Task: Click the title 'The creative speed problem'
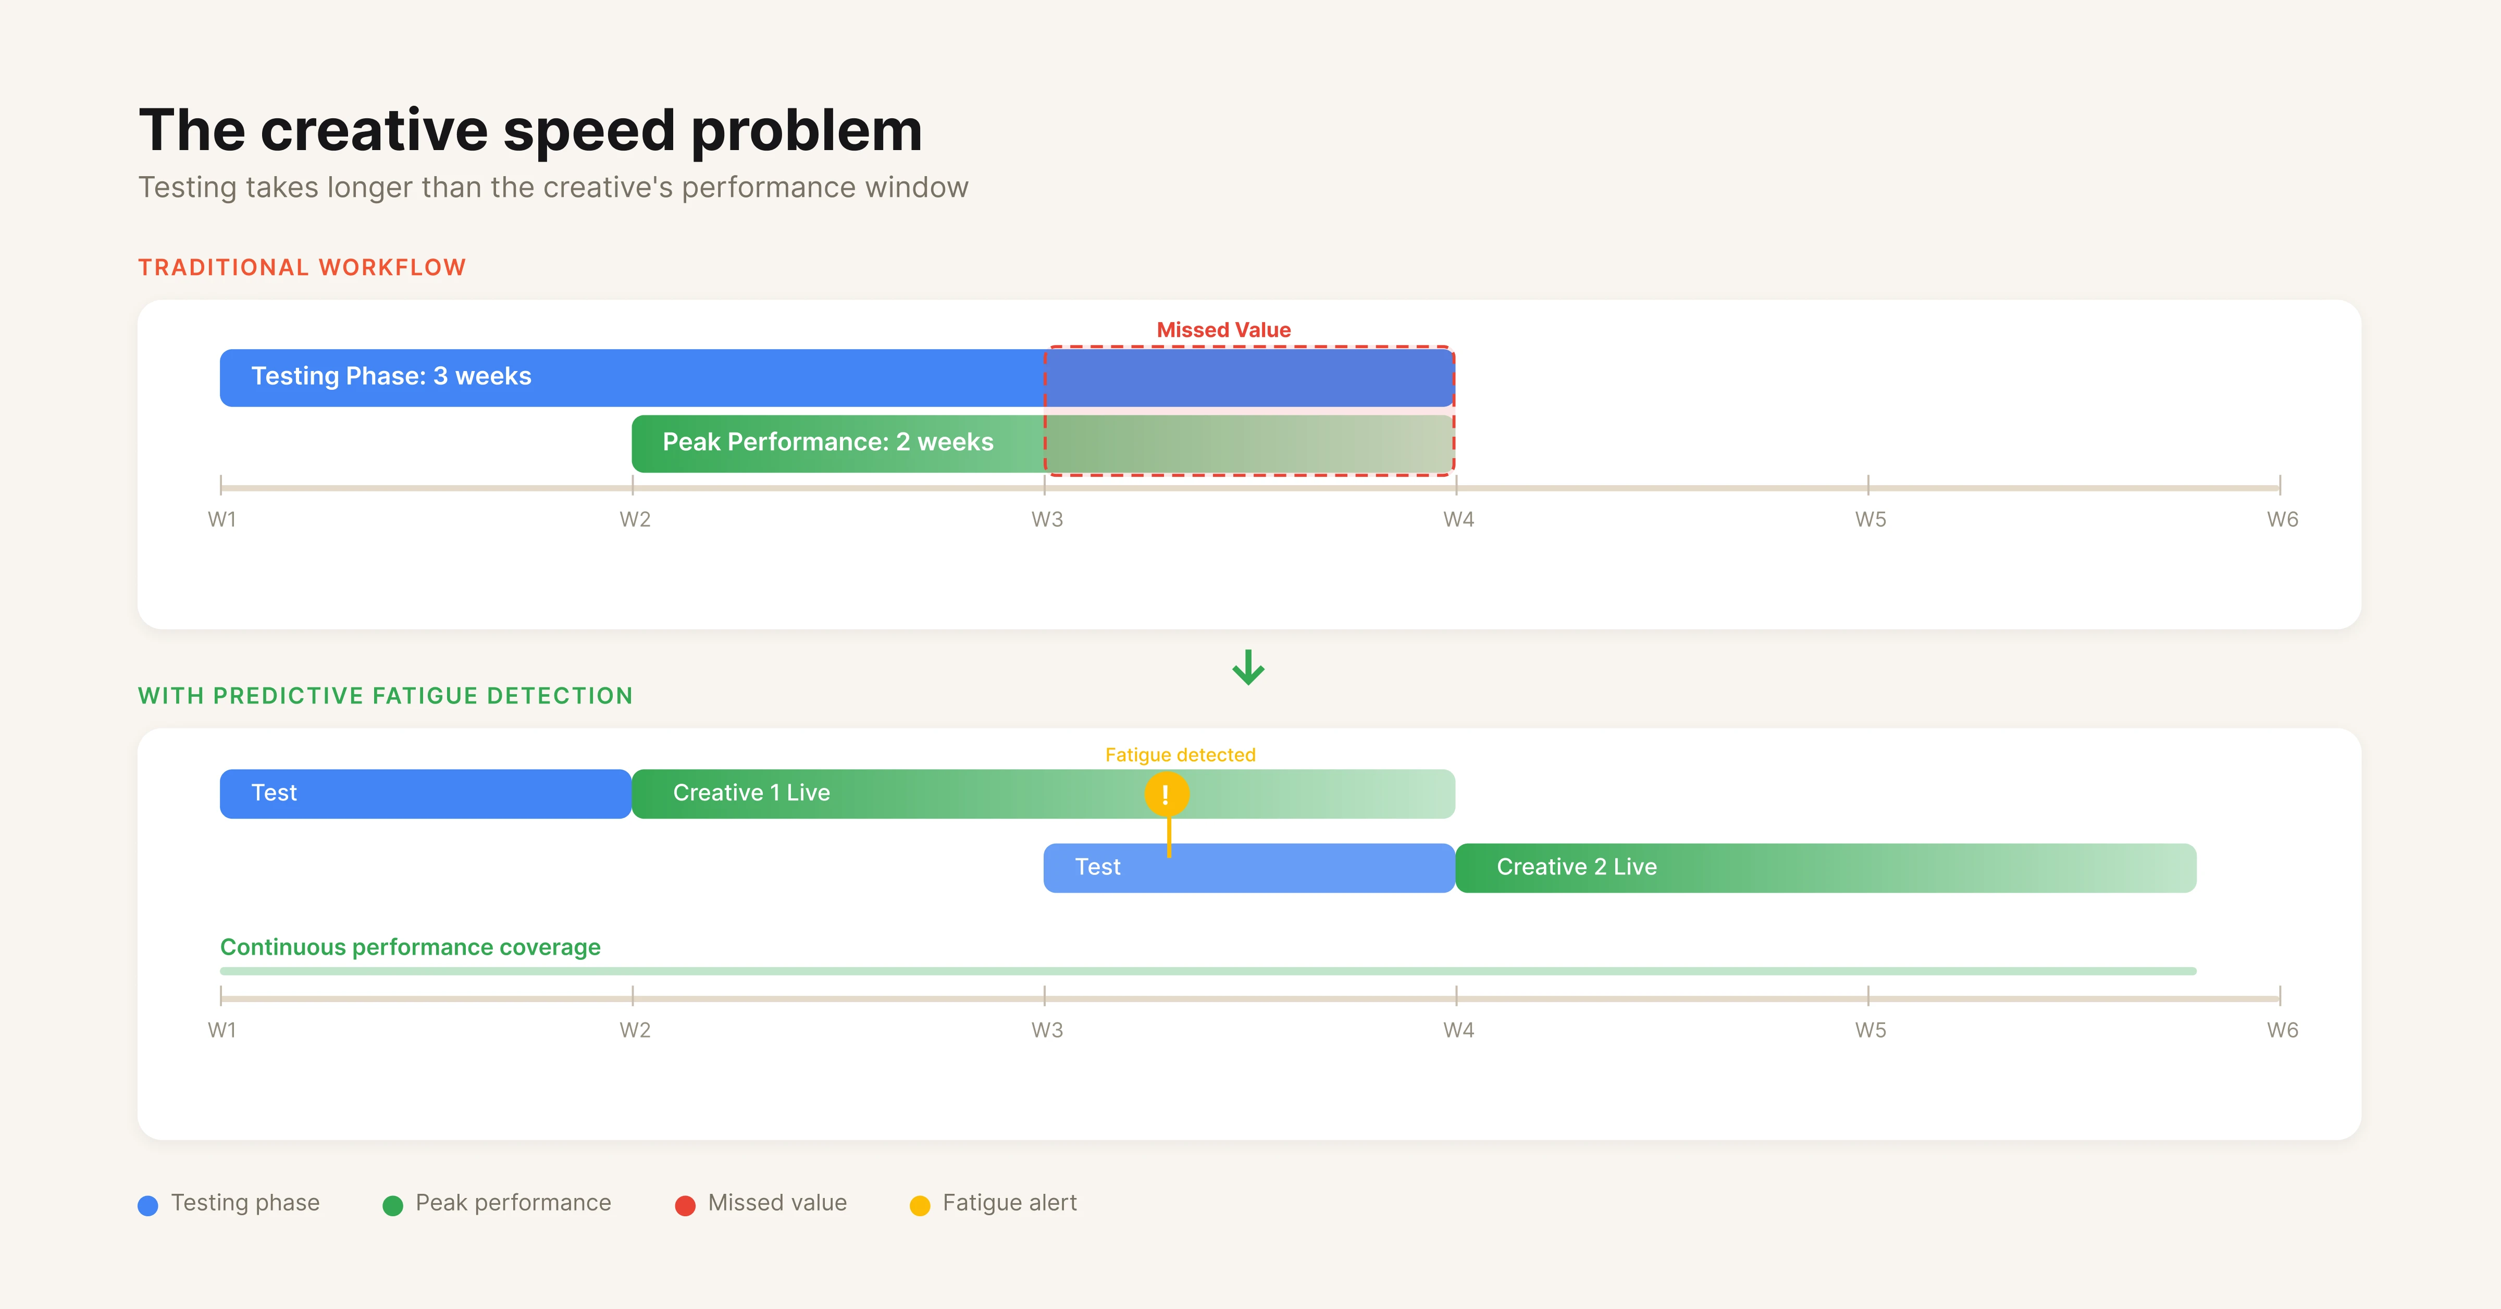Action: click(x=530, y=130)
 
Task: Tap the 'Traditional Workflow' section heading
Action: click(x=302, y=268)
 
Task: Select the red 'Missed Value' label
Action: click(x=1223, y=330)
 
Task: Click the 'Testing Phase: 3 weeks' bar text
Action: click(x=391, y=377)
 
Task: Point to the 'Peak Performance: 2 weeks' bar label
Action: click(x=827, y=443)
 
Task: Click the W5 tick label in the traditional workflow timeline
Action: click(x=1870, y=520)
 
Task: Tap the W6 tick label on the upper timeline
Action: click(x=2282, y=520)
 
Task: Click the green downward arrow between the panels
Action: click(x=1248, y=668)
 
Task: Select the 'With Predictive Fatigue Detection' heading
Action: click(x=386, y=696)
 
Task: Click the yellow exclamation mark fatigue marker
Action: click(x=1166, y=794)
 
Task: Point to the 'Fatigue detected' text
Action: click(x=1180, y=756)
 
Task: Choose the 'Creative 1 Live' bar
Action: click(x=751, y=793)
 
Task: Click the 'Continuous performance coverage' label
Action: click(x=411, y=948)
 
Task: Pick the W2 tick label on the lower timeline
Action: click(x=635, y=1030)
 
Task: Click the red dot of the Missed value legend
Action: click(x=686, y=1206)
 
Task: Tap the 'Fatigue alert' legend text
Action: click(x=1010, y=1203)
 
